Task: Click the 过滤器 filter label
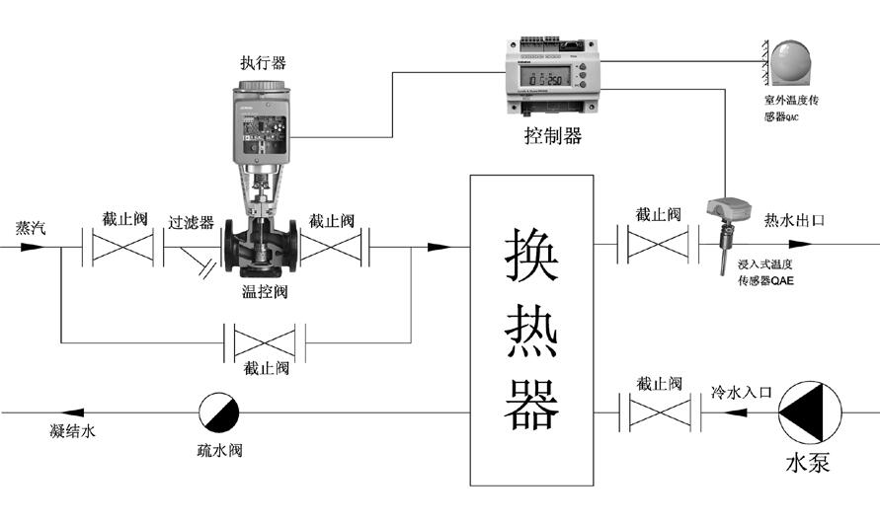click(x=191, y=222)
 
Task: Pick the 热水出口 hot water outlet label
click(x=794, y=221)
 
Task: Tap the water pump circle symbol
click(x=808, y=412)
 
